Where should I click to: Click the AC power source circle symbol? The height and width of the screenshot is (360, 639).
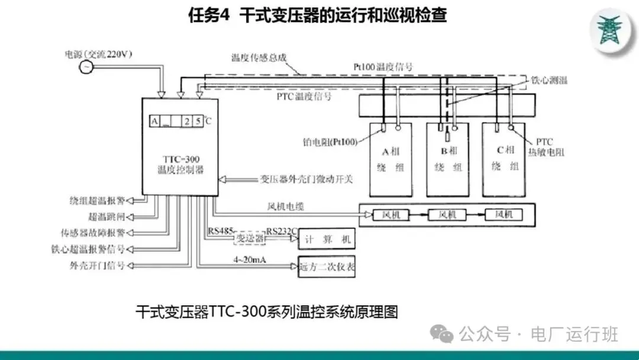click(x=86, y=66)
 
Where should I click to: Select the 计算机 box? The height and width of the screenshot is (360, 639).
click(x=327, y=239)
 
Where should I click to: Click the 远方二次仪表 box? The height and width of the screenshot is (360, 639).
click(x=327, y=266)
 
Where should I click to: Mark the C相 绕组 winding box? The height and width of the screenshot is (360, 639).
click(x=504, y=160)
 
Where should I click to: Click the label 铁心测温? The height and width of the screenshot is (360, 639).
click(x=548, y=80)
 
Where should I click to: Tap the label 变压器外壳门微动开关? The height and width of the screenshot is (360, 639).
click(x=306, y=178)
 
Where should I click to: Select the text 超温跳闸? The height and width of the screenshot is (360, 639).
click(x=106, y=216)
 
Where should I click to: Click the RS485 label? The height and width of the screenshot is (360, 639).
click(x=221, y=231)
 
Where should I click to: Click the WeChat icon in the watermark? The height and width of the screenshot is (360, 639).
click(x=442, y=335)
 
